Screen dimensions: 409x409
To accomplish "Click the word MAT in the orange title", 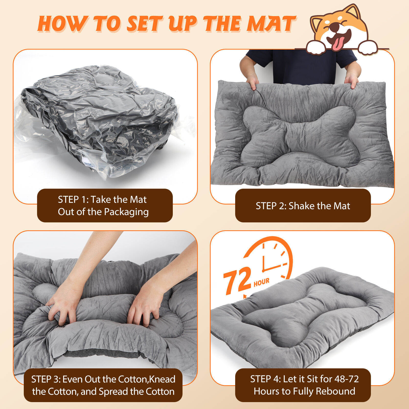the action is click(x=271, y=24).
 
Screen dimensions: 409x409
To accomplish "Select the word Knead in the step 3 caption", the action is click(x=162, y=379).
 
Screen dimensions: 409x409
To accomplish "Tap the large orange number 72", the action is click(x=237, y=280).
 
